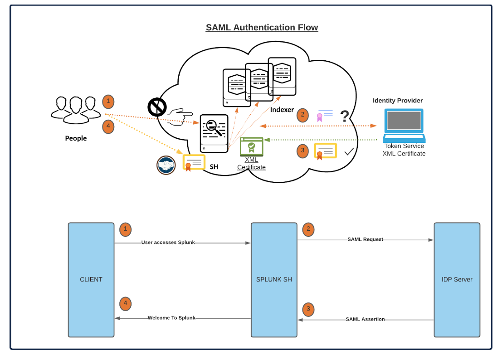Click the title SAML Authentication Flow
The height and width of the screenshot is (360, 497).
click(262, 27)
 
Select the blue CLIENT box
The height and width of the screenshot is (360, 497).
click(91, 280)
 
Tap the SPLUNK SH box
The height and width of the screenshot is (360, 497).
click(274, 280)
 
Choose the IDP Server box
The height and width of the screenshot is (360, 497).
click(457, 280)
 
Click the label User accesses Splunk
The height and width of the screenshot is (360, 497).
click(168, 243)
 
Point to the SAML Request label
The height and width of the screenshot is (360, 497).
click(365, 239)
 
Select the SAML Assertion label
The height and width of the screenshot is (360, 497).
click(365, 319)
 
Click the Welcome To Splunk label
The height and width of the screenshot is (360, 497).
click(171, 318)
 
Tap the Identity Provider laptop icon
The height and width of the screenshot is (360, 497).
click(404, 125)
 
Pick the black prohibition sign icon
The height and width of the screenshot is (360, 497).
click(157, 107)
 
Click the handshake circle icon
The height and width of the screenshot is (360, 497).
click(166, 165)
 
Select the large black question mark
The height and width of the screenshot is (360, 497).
click(345, 117)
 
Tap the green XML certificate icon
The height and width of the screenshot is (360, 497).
click(251, 147)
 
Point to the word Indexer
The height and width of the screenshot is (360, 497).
click(282, 110)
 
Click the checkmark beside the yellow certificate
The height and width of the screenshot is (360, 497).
click(349, 152)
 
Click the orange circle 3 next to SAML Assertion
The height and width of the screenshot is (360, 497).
click(308, 310)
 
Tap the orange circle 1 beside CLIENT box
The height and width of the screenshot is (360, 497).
click(126, 229)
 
